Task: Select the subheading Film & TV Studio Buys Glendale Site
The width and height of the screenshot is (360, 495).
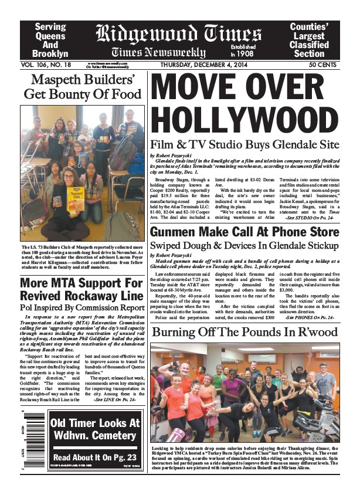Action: tap(244, 144)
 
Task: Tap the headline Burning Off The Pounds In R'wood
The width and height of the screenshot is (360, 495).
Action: tap(244, 333)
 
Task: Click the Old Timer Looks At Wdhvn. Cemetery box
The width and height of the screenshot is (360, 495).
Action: tap(94, 429)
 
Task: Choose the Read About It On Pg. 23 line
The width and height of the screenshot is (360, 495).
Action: tap(94, 457)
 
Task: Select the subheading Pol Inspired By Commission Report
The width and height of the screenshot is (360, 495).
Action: tap(82, 307)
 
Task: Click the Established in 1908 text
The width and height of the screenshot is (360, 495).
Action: tap(246, 50)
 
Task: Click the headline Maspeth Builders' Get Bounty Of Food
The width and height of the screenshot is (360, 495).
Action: tap(82, 86)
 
